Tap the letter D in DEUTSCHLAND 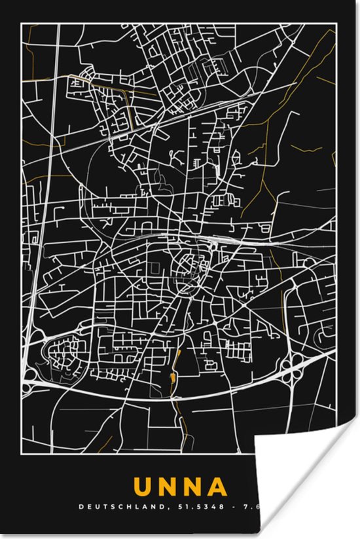click(x=81, y=506)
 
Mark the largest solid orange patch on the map click(x=172, y=378)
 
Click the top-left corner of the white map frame click(x=22, y=24)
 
